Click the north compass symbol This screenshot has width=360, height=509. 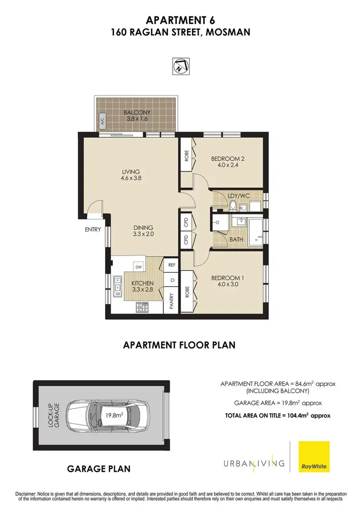point(180,65)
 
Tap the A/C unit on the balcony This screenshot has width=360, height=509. point(103,121)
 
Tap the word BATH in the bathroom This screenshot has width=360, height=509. point(237,239)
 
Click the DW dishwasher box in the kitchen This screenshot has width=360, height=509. point(138,267)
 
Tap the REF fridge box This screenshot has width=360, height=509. point(172,265)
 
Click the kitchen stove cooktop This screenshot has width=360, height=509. point(142,308)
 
